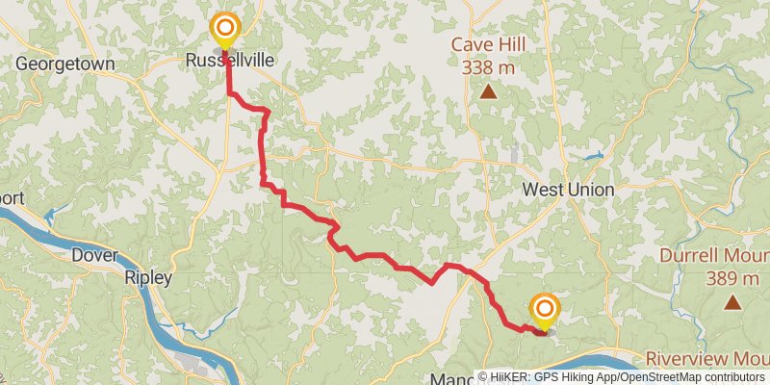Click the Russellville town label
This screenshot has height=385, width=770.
(230, 61)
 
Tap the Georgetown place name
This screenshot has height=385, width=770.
(65, 64)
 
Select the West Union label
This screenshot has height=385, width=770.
(568, 190)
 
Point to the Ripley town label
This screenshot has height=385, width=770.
(148, 278)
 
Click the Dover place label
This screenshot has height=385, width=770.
(94, 256)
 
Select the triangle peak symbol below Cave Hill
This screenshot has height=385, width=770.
(489, 92)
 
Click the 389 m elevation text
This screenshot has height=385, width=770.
(731, 279)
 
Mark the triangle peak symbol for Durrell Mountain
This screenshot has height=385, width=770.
(732, 303)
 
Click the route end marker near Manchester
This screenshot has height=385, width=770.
(545, 310)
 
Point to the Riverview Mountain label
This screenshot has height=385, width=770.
(707, 358)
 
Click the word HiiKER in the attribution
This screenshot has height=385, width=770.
(516, 377)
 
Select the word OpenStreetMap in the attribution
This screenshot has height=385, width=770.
(661, 377)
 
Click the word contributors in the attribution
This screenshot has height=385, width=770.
(733, 377)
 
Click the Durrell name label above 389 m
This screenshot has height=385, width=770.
(712, 257)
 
